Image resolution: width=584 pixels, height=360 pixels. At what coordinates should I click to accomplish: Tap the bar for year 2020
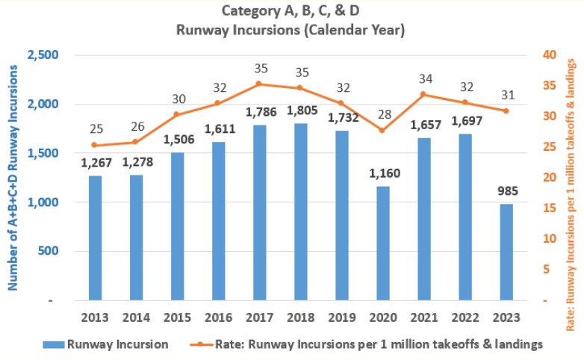click(x=382, y=243)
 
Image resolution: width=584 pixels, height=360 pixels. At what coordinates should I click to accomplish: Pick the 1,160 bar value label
click(x=382, y=174)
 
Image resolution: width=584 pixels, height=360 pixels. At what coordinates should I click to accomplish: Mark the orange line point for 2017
click(x=259, y=84)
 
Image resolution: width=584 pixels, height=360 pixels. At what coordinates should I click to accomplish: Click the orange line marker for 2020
click(x=382, y=130)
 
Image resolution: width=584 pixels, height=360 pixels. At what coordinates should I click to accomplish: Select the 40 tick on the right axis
click(x=547, y=55)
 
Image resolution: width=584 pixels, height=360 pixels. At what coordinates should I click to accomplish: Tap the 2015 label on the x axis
click(x=177, y=317)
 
